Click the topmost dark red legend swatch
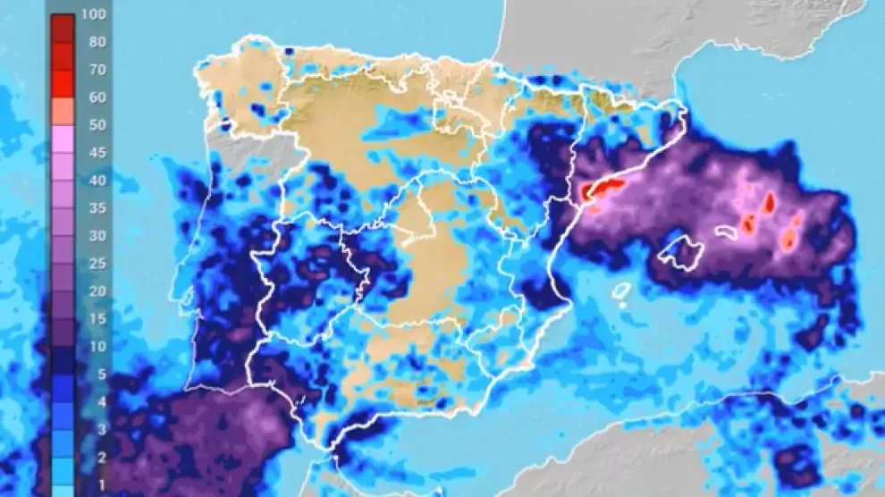[x=63, y=27]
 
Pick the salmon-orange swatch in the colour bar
[x=63, y=111]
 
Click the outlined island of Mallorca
[x=679, y=250]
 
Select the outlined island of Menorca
[x=726, y=232]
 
